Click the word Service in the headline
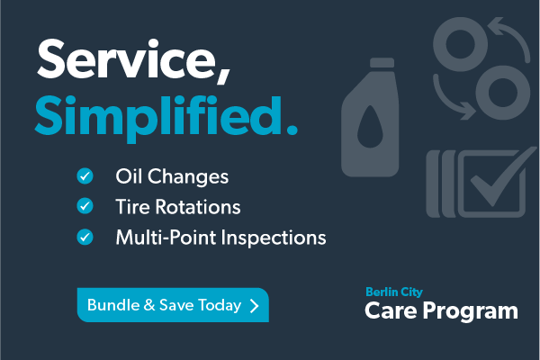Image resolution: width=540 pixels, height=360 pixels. point(126,59)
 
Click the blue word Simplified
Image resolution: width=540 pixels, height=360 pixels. point(159,118)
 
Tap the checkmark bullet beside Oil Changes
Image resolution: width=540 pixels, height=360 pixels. point(85,176)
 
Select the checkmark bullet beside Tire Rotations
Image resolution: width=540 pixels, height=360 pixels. point(85,206)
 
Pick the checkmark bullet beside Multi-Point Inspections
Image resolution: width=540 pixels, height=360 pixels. point(85,237)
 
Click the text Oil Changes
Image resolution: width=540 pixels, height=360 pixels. point(172,177)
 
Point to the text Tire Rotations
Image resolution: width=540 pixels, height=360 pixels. point(178,207)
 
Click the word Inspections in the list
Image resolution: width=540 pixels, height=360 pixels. point(274,238)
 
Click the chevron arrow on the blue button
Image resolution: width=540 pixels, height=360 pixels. point(254,306)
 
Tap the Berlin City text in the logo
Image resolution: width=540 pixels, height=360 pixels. point(394,292)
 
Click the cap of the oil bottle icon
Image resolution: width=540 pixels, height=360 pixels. point(382,63)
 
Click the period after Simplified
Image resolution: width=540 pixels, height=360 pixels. point(292,130)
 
